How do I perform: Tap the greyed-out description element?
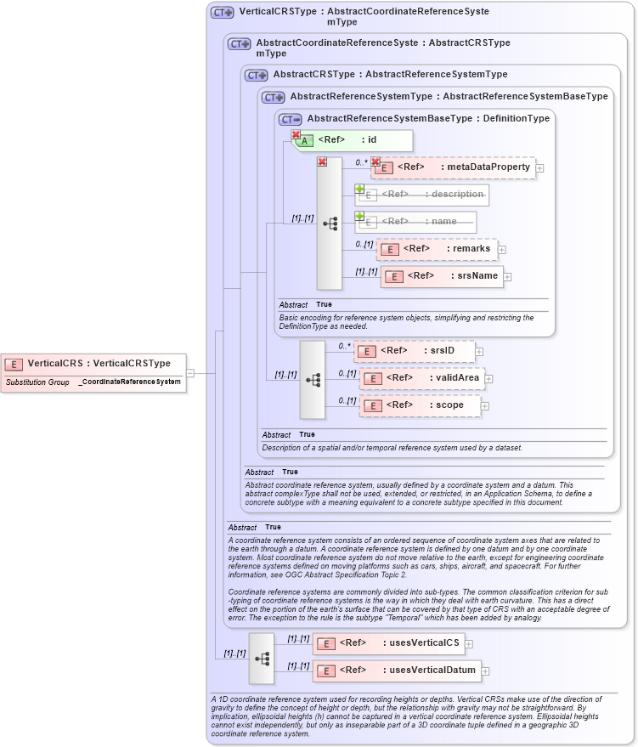click(421, 195)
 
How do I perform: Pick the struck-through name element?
click(415, 222)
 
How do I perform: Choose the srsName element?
click(442, 276)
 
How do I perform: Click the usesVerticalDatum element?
click(395, 671)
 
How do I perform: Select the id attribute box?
click(353, 140)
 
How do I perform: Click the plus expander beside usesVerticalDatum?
click(486, 671)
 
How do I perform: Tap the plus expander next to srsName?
click(508, 276)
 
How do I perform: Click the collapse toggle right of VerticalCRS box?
click(190, 372)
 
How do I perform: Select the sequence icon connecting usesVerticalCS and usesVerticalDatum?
click(262, 658)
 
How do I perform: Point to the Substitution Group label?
click(37, 382)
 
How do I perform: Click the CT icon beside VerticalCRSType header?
click(223, 13)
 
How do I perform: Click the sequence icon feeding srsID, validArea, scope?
click(313, 379)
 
